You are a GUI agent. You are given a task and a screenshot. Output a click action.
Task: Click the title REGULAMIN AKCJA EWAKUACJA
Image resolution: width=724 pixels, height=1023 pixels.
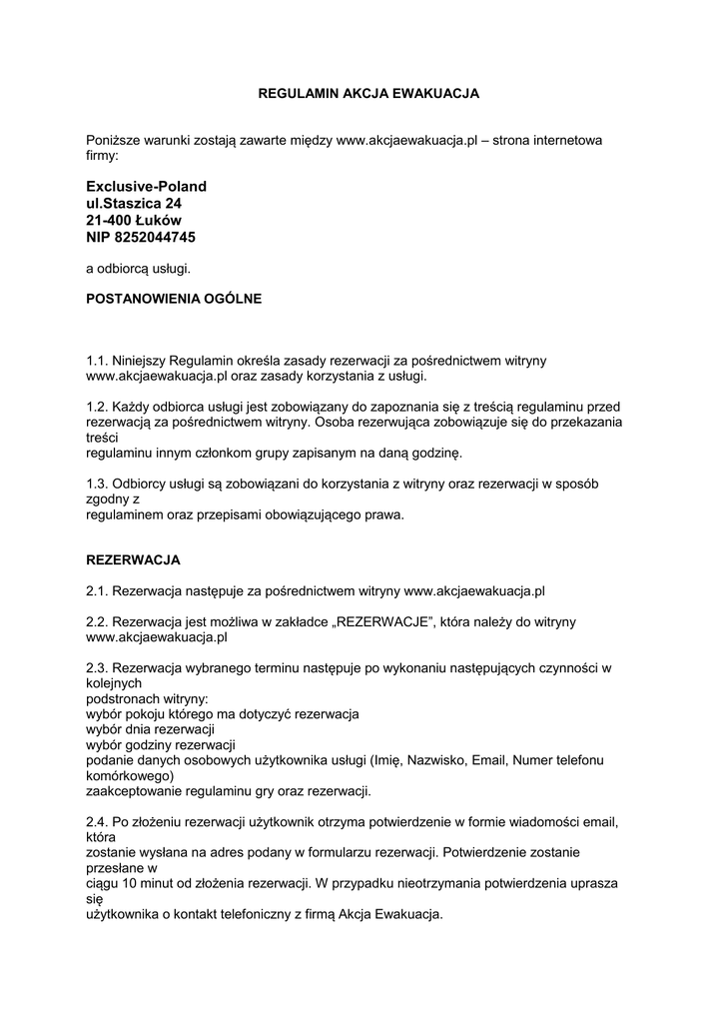tap(368, 93)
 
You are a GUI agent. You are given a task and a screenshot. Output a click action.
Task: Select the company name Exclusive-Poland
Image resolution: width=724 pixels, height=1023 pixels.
tap(146, 187)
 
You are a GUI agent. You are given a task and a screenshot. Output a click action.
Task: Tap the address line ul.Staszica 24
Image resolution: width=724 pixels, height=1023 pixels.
tap(134, 204)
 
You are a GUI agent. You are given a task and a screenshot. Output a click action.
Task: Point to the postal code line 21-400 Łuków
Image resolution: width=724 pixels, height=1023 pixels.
tap(134, 221)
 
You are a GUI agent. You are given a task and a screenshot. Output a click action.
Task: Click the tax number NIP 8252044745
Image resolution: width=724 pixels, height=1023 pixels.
tap(141, 238)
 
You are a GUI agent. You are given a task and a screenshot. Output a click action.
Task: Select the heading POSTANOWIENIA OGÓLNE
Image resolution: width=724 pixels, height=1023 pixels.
tap(174, 299)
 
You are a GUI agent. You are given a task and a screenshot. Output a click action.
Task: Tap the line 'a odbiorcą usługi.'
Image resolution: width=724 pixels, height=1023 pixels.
tap(137, 268)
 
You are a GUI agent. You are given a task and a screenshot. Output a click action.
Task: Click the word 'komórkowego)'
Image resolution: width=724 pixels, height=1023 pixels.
tap(130, 775)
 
